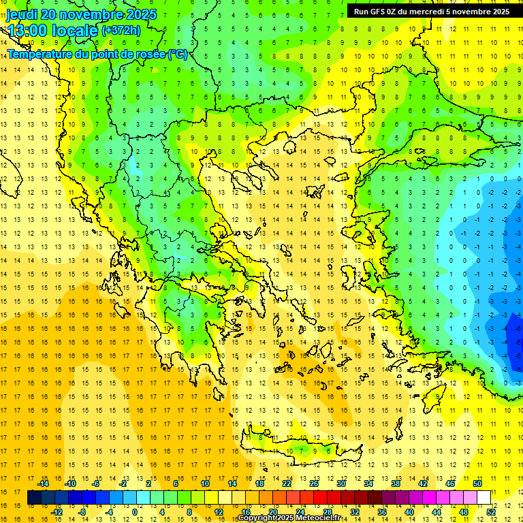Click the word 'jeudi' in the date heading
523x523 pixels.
[x=22, y=14]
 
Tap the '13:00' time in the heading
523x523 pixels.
[x=27, y=30]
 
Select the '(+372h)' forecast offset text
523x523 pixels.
[x=121, y=30]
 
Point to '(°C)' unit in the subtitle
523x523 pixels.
[x=177, y=54]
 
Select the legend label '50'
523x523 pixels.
[x=477, y=484]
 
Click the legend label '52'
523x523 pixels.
[x=491, y=511]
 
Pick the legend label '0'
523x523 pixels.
[x=135, y=511]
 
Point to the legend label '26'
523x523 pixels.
[x=314, y=484]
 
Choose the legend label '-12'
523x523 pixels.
[x=57, y=511]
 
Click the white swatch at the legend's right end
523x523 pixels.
[x=484, y=497]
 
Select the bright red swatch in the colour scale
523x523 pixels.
[x=320, y=497]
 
